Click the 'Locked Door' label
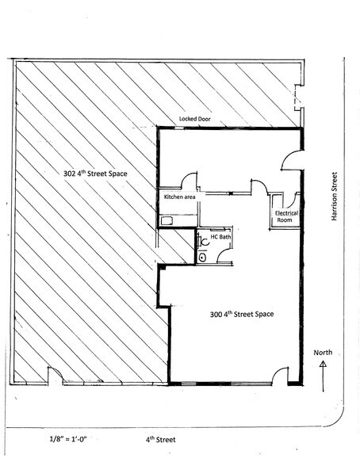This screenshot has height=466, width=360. [197, 118]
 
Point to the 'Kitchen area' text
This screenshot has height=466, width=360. [179, 196]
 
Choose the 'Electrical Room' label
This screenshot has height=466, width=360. [285, 217]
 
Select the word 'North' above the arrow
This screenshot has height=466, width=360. [322, 353]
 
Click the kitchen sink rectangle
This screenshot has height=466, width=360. [167, 221]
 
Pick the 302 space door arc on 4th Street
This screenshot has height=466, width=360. [54, 376]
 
